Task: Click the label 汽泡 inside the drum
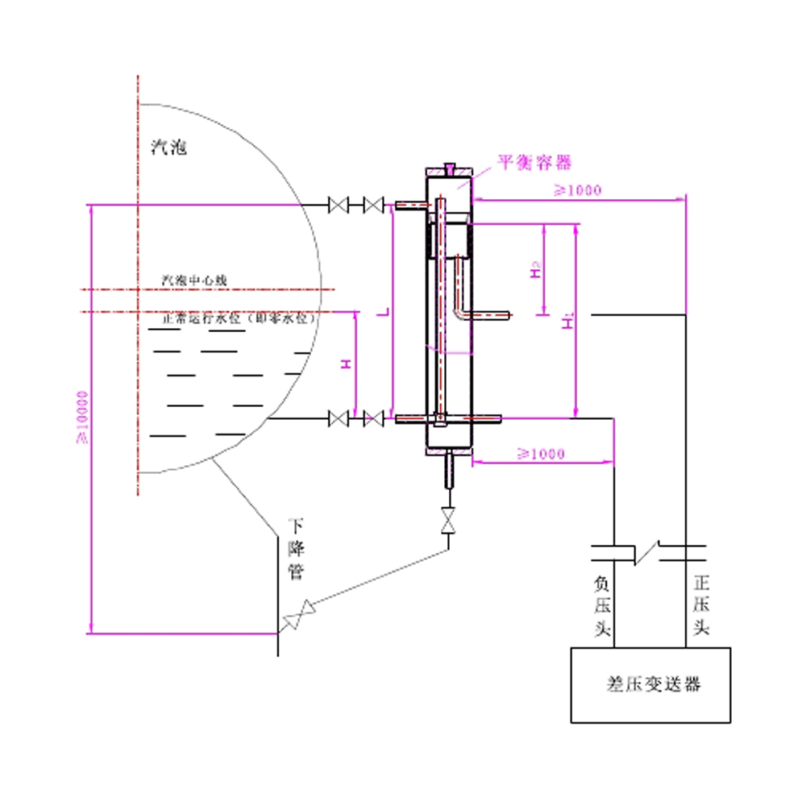tap(169, 147)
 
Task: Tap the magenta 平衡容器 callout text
tap(534, 162)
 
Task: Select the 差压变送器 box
tap(651, 684)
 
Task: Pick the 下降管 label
tap(297, 550)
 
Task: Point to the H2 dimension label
tap(535, 272)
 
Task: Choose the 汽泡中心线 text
tap(196, 280)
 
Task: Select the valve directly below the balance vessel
tap(448, 520)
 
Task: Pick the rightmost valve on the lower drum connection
tap(372, 418)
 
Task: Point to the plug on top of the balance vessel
tap(449, 170)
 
